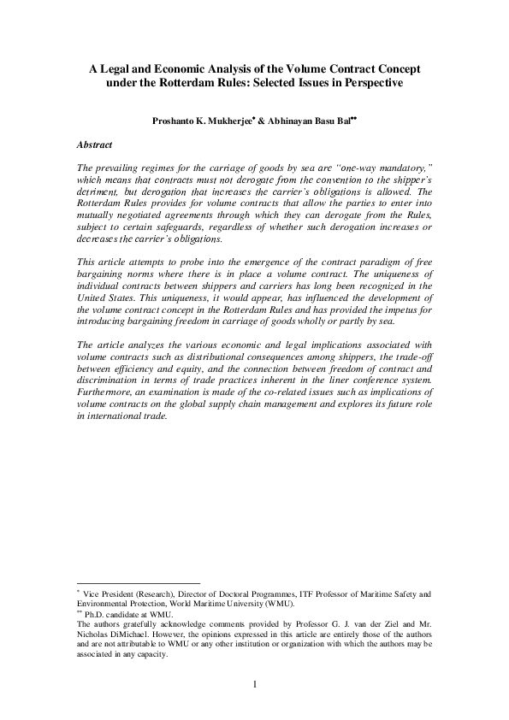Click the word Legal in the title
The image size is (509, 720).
121,66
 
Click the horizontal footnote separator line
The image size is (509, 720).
138,581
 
